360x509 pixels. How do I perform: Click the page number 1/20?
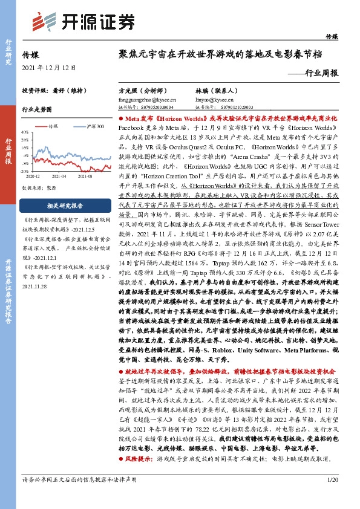coord(332,496)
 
